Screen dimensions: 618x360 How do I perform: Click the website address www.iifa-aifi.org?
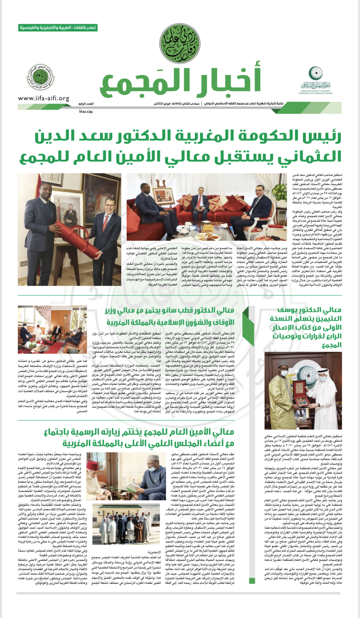coord(44,98)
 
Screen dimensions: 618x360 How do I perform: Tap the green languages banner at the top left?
coord(58,28)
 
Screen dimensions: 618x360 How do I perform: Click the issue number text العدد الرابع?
coord(86,104)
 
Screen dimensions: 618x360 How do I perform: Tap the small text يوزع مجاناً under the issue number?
coord(86,111)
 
